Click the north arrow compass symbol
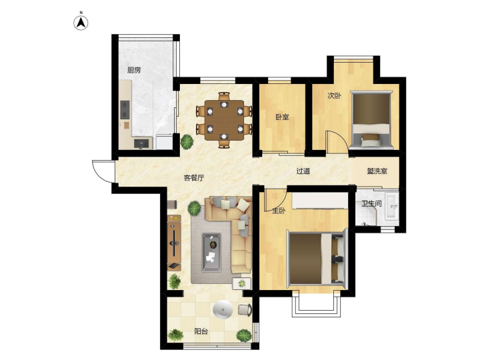click(81, 22)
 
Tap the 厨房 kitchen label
click(134, 70)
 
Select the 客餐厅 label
click(194, 178)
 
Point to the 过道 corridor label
click(303, 171)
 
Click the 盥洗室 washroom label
click(377, 171)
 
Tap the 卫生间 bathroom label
click(371, 203)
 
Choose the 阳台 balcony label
click(201, 331)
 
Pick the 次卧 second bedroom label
click(334, 96)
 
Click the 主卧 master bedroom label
click(279, 211)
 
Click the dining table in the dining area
click(225, 120)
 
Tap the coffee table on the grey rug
click(211, 253)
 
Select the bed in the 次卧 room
click(371, 119)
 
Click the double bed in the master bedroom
click(317, 258)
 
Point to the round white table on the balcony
click(223, 309)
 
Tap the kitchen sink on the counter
click(143, 143)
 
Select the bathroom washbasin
click(391, 206)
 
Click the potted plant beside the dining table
click(187, 141)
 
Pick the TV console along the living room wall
click(174, 243)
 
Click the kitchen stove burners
click(125, 109)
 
